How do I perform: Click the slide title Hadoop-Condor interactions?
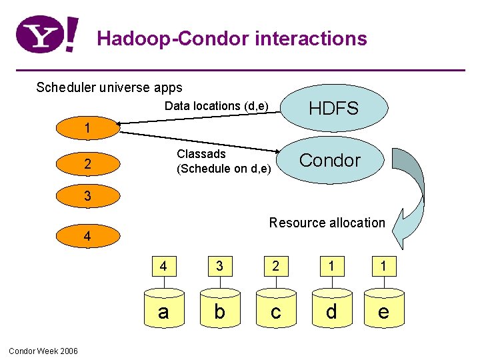(232, 39)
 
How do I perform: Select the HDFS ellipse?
(333, 108)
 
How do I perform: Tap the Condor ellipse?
(330, 160)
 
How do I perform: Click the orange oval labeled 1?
(87, 128)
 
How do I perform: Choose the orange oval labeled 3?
(87, 196)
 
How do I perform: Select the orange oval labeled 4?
(87, 236)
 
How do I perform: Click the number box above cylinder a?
(163, 267)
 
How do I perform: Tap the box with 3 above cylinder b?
(219, 267)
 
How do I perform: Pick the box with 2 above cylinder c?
(276, 267)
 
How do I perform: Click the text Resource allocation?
(327, 223)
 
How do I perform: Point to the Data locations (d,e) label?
(217, 106)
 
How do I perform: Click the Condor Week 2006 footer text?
(43, 351)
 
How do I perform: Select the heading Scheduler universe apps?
(109, 87)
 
